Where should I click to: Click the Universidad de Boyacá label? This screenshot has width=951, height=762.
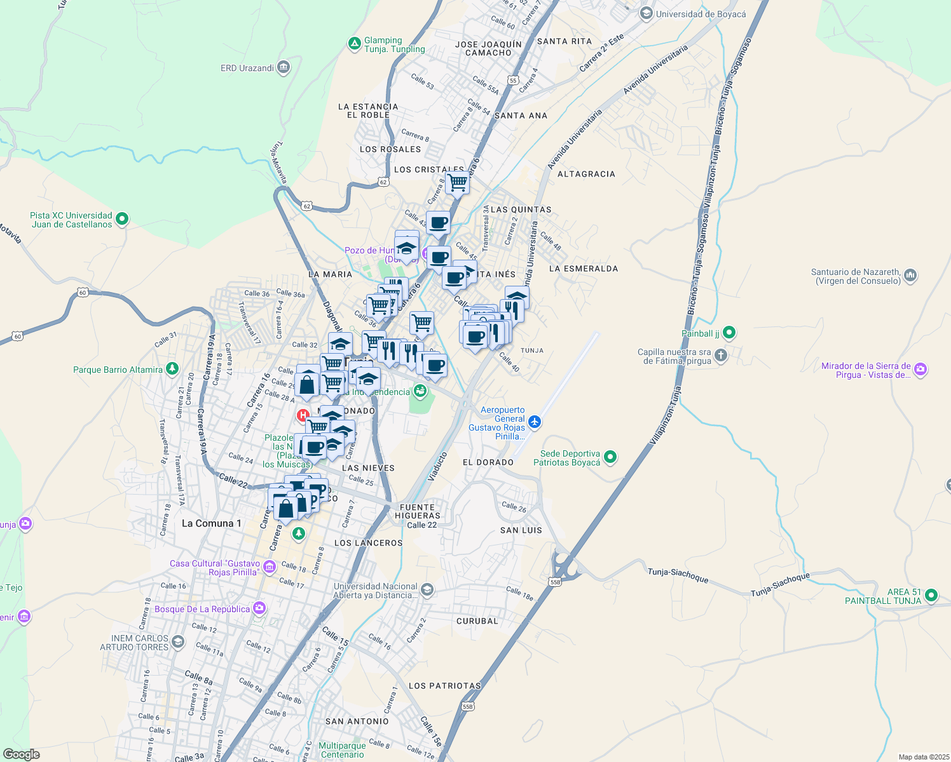(701, 14)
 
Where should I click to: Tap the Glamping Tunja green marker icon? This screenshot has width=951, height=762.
(354, 44)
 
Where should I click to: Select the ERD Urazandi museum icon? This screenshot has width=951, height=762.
(284, 67)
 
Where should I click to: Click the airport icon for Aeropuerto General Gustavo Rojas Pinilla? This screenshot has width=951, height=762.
(535, 422)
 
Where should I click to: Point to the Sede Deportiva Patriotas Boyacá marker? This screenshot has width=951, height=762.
(610, 457)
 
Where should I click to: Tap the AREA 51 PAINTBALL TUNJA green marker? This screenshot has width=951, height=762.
(931, 596)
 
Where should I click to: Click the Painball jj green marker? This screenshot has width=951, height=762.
(729, 332)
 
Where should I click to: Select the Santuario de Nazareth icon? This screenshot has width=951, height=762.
(910, 276)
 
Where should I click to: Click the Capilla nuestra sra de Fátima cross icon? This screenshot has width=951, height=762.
(720, 356)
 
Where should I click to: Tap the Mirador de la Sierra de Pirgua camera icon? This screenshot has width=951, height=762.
(920, 370)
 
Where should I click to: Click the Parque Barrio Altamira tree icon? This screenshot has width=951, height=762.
(172, 369)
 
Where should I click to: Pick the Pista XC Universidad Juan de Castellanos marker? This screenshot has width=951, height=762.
(122, 219)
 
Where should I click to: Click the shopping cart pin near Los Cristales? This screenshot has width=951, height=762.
(458, 183)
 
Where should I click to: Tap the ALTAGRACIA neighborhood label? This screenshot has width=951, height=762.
(586, 174)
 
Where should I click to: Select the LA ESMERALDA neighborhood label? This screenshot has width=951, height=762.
(583, 269)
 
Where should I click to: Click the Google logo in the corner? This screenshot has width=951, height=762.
(21, 754)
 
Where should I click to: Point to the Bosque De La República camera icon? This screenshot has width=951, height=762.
(259, 608)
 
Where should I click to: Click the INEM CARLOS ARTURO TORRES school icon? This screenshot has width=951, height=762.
(177, 642)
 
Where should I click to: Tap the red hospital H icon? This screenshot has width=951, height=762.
(303, 416)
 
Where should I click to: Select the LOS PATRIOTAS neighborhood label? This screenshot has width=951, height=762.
(444, 686)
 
